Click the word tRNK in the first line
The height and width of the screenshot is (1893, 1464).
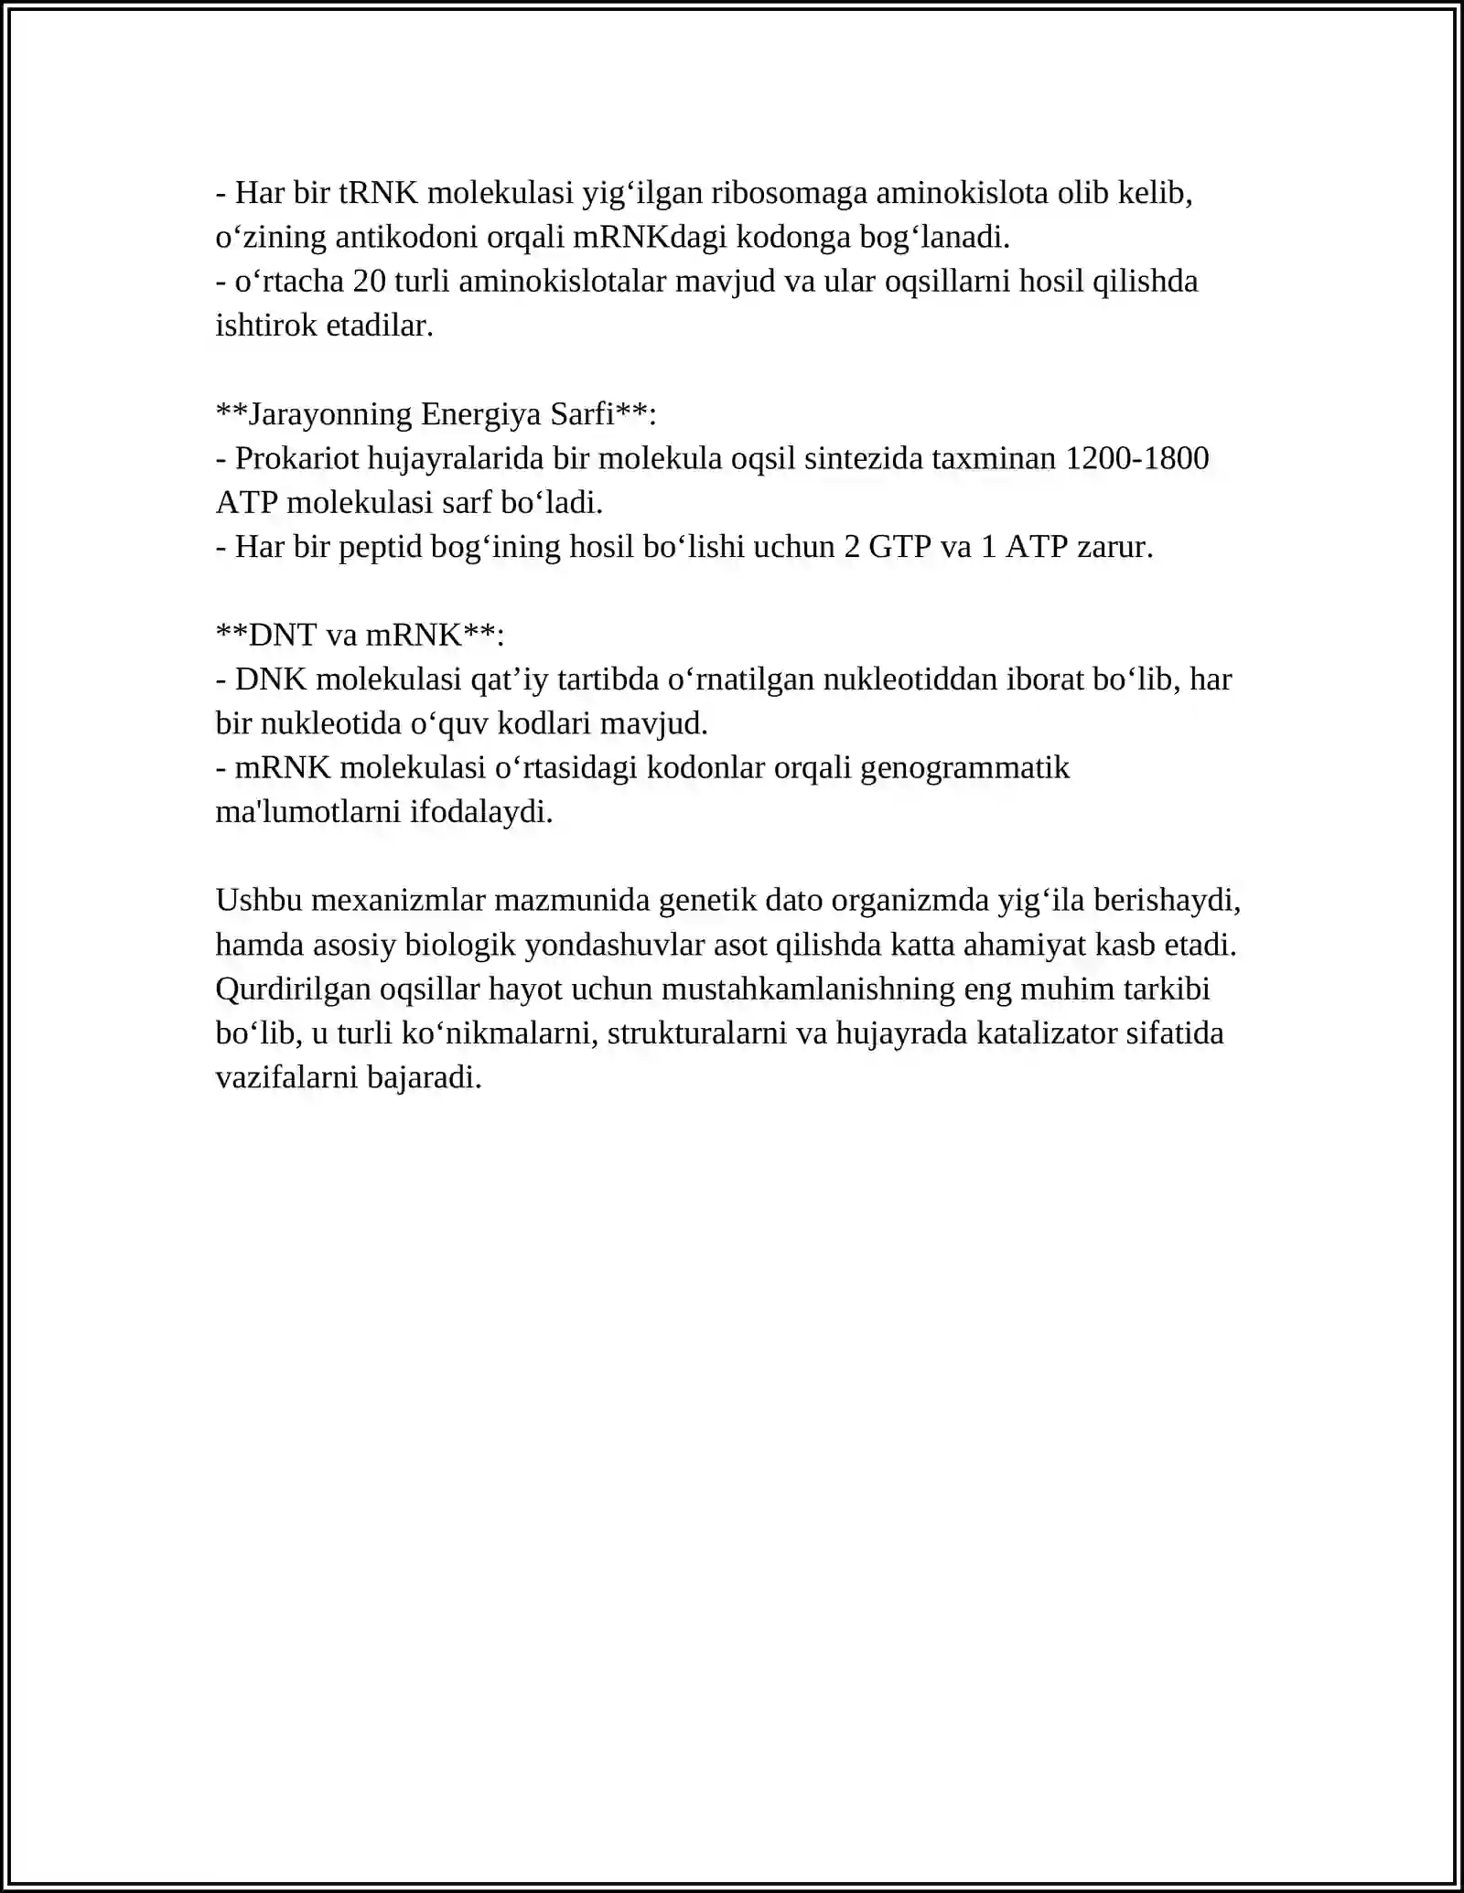coord(378,193)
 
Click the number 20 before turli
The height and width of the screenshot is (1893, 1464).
coord(369,281)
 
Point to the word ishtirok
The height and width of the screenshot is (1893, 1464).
coord(265,325)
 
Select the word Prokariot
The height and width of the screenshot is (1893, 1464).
coord(296,458)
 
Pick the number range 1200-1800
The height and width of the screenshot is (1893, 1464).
coord(1137,458)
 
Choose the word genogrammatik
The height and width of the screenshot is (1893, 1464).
coord(965,767)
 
